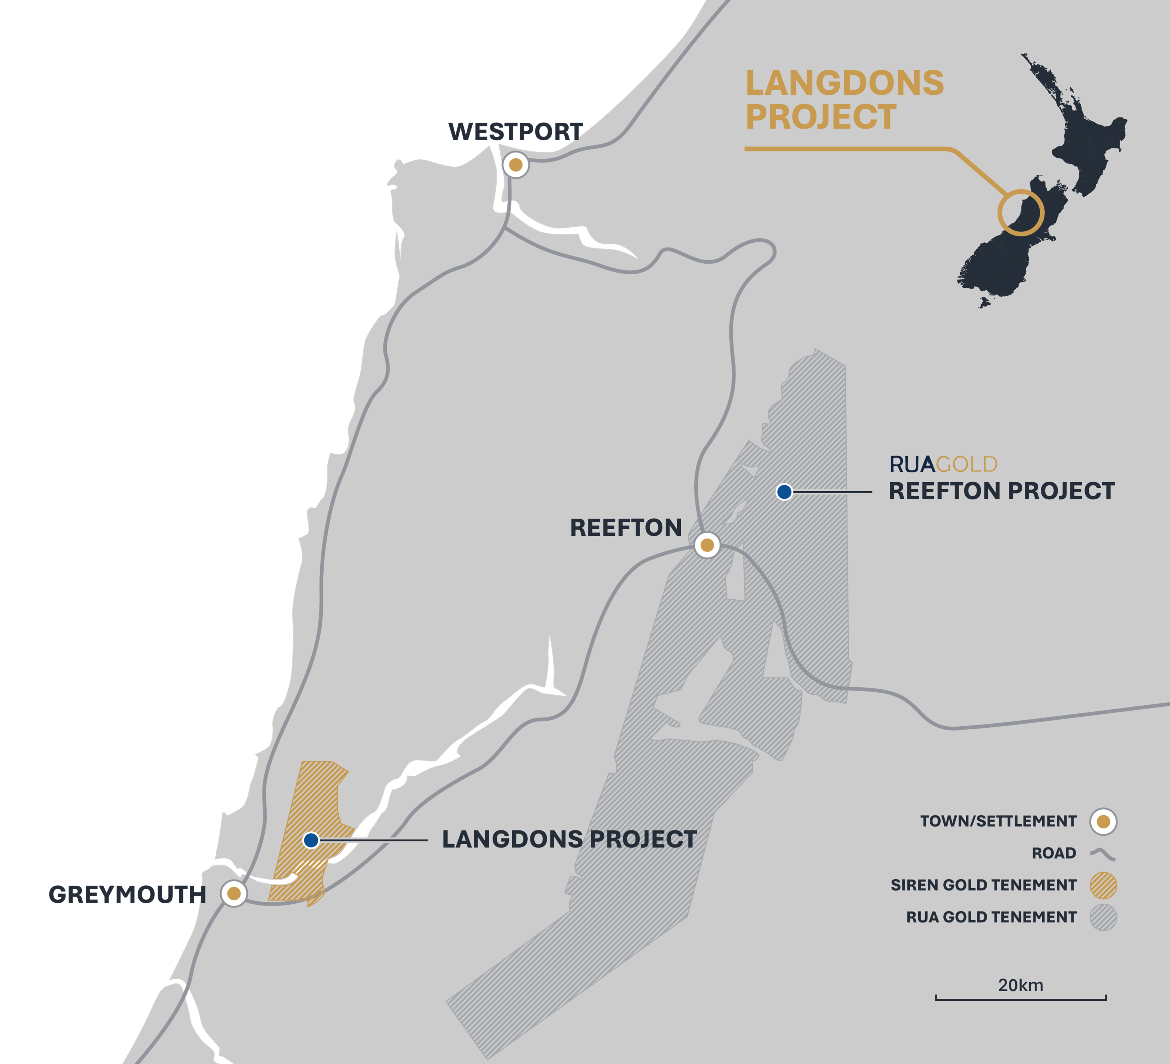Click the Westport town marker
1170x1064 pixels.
515,165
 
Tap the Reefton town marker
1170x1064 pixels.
707,545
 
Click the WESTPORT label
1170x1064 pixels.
515,132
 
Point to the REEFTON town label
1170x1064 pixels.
626,528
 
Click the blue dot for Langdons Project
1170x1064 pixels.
311,840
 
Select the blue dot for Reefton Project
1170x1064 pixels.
784,492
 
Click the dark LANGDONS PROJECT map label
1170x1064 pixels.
569,839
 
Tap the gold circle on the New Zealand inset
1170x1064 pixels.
1021,213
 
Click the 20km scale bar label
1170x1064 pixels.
1020,985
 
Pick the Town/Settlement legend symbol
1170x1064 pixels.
1103,821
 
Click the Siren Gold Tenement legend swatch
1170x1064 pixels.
1103,885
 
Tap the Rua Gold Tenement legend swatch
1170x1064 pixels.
1103,917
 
